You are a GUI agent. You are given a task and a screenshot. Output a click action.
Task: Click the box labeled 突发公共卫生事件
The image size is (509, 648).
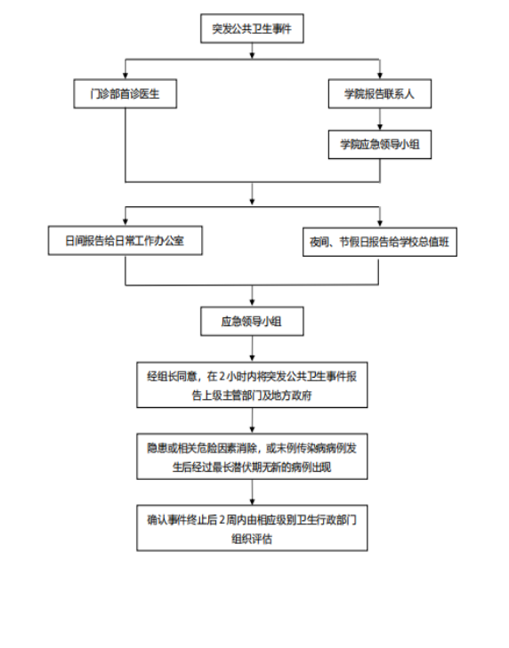point(252,28)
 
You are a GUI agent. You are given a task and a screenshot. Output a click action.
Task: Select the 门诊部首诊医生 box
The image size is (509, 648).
point(125,94)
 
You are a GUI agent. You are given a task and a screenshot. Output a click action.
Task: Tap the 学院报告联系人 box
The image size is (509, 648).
point(380,94)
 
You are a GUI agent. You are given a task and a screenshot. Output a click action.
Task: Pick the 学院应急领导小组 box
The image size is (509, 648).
point(380,145)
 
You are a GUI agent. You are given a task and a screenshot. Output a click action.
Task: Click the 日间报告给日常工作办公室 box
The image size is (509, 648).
point(125,241)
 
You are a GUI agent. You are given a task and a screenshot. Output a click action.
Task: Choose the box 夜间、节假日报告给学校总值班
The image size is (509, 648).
point(380,242)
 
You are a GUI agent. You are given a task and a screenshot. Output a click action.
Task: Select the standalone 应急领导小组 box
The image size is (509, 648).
point(252,321)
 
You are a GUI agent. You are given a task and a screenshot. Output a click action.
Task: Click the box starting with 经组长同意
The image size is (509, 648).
point(252,385)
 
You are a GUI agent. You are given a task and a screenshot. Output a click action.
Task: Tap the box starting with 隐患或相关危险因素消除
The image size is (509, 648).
point(252,457)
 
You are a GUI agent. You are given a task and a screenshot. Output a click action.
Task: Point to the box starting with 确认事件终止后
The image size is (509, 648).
point(252,528)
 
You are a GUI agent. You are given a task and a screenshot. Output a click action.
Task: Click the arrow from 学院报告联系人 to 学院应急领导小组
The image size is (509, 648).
point(380,119)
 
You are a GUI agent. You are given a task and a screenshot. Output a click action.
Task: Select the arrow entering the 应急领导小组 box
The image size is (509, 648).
point(252,296)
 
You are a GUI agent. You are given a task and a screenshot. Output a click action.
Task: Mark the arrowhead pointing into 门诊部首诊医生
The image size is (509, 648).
point(125,76)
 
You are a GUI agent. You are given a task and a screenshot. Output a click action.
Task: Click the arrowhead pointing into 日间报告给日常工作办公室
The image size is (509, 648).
point(125,222)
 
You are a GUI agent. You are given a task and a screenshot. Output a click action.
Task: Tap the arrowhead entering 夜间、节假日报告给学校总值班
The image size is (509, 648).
point(380,224)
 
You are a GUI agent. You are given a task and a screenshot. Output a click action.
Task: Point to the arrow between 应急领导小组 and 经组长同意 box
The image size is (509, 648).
point(252,349)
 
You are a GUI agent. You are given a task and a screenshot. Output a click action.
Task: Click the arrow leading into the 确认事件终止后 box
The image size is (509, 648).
point(252,492)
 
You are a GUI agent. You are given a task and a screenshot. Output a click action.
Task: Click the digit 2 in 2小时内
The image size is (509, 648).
point(222,377)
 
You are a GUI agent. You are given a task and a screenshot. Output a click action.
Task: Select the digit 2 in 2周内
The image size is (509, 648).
point(222,520)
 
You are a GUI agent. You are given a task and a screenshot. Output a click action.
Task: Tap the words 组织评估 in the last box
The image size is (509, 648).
point(252,539)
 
